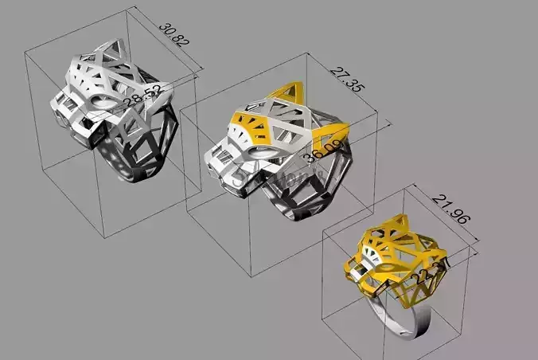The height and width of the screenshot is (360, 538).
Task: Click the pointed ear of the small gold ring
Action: [398, 224]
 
